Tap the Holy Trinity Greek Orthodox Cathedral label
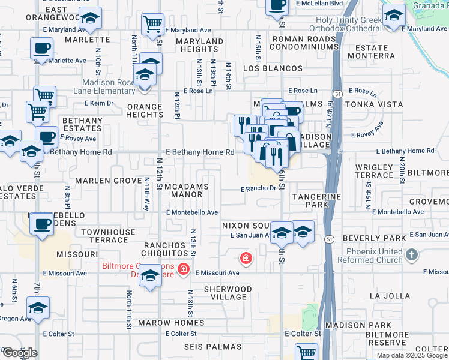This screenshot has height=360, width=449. tap(349, 25)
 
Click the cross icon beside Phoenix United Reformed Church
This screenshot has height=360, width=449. tap(411, 255)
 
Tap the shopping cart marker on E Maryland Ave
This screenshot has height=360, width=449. tap(152, 25)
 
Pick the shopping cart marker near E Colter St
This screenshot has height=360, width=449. tap(306, 352)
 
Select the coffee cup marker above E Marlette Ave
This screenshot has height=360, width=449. tap(41, 48)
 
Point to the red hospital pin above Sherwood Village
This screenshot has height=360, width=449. tap(246, 259)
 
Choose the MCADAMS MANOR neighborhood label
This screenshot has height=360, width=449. tap(186, 190)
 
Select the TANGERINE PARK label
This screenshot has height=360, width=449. tap(316, 200)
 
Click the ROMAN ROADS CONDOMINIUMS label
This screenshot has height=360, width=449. tap(306, 43)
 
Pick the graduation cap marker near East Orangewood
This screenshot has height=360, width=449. tap(90, 18)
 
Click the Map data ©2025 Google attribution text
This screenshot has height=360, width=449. tap(412, 356)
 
